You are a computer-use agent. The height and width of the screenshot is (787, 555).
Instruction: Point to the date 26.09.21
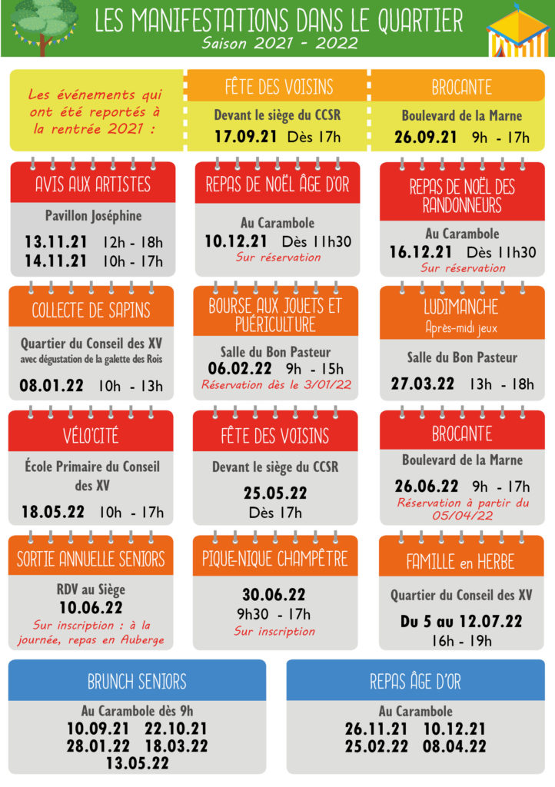point(426,138)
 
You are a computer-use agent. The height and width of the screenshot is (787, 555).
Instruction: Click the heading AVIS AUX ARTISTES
point(93,184)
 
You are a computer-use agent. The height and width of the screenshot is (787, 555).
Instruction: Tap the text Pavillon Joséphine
point(93,216)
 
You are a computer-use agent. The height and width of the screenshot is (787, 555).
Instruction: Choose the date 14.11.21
point(55,261)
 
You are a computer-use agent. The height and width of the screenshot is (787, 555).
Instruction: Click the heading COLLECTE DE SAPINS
point(91,310)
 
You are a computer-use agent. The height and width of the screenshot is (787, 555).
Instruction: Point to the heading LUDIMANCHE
point(462,307)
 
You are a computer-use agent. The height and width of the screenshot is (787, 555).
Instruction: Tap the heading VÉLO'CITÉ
point(91,436)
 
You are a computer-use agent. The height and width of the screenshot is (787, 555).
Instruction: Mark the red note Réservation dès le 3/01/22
point(276,384)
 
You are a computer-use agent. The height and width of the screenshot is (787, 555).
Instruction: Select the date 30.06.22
point(274,595)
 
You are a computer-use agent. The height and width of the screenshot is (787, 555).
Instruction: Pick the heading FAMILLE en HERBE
point(461,562)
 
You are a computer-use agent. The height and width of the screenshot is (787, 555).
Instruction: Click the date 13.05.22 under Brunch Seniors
point(138,762)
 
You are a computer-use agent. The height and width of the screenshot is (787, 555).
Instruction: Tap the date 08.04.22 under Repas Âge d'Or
point(454,745)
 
